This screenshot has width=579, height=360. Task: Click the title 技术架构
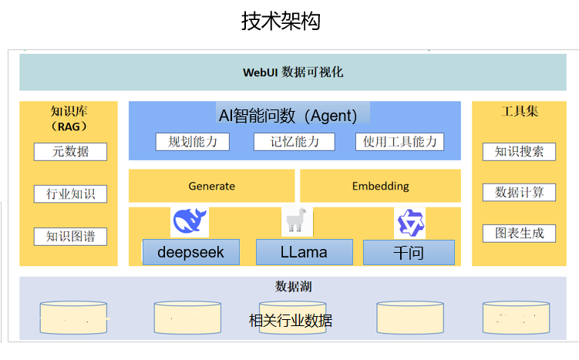click(x=281, y=21)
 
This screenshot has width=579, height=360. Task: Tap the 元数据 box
click(x=70, y=152)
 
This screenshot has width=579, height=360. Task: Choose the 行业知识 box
click(x=70, y=193)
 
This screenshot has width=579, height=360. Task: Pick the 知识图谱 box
click(x=70, y=236)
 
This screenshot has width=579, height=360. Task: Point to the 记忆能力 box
click(x=295, y=142)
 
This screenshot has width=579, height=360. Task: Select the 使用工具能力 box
click(x=399, y=142)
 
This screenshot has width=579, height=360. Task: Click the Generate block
click(x=211, y=186)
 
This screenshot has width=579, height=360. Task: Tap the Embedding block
click(x=380, y=186)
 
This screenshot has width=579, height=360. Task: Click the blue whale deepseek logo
click(x=190, y=222)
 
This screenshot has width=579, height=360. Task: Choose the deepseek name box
click(x=190, y=252)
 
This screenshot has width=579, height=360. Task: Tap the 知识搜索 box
click(x=519, y=151)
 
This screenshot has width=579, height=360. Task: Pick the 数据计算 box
click(x=519, y=192)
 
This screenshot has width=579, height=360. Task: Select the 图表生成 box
click(x=519, y=233)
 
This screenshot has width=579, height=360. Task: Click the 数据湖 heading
click(x=293, y=287)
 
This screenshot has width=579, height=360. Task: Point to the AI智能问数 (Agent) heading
click(x=288, y=116)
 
